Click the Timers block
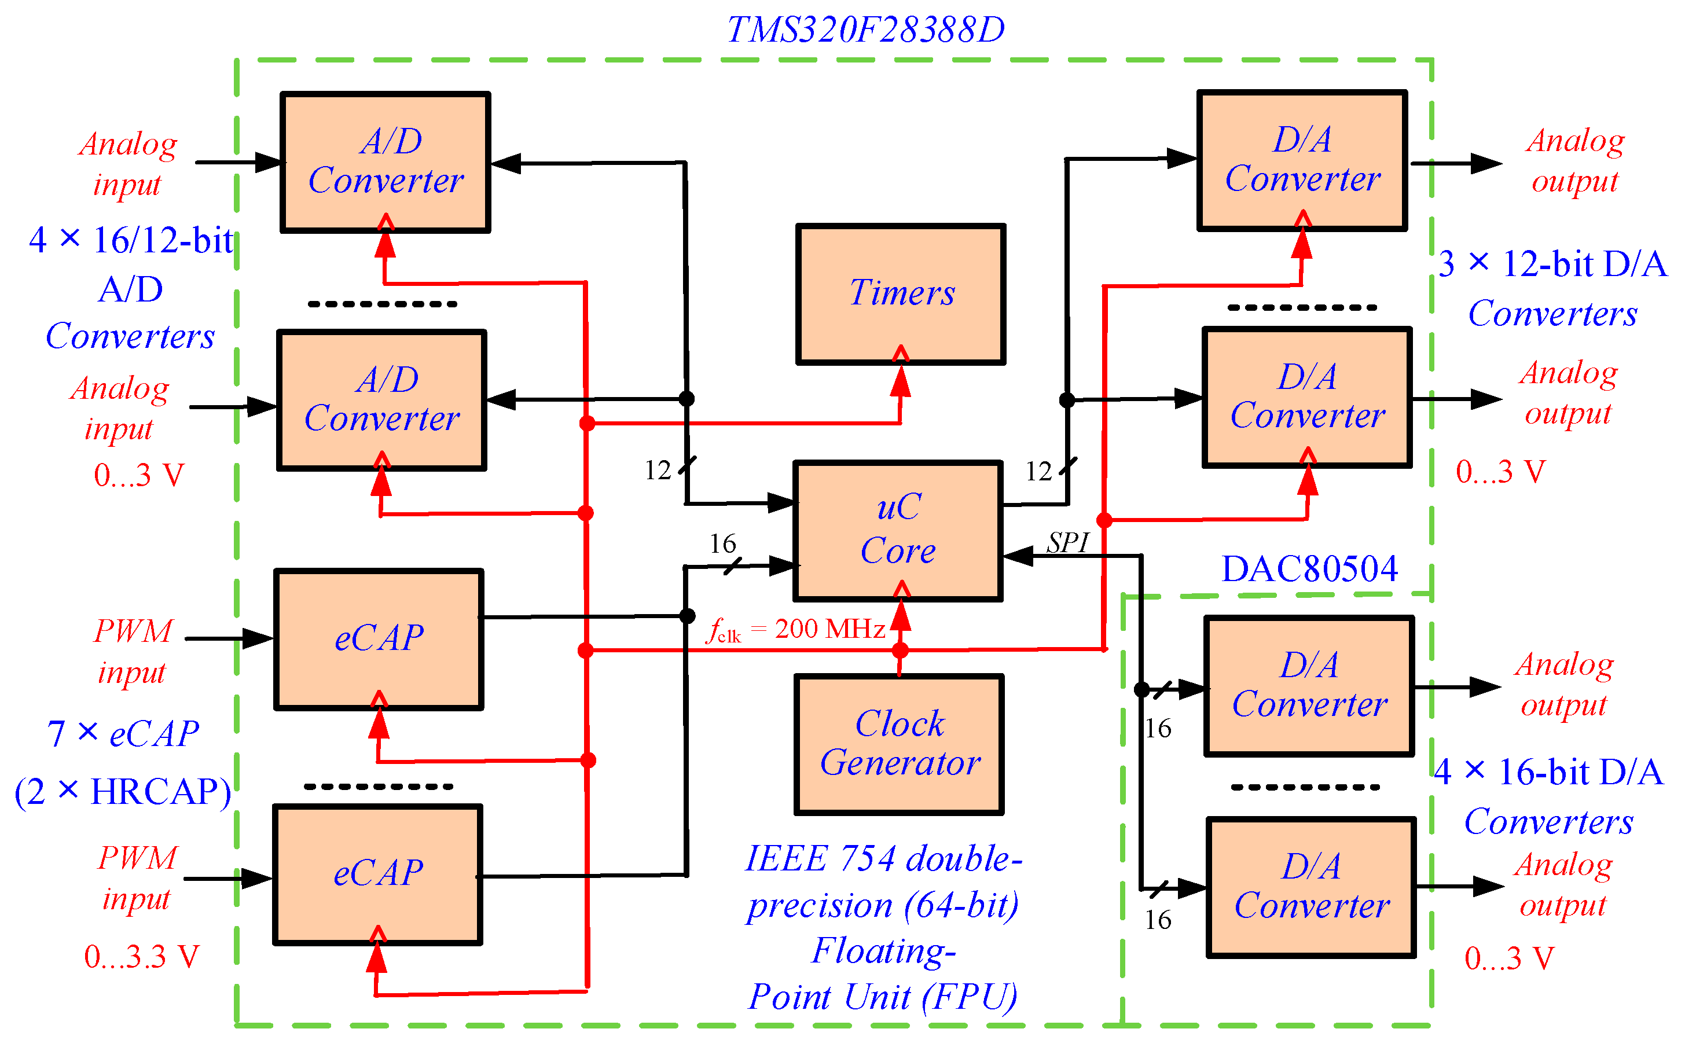900,294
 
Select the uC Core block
898,530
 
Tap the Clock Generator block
899,744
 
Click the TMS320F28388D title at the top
865,30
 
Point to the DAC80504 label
1308,568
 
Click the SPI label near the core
1067,542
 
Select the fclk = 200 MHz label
796,629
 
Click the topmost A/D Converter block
385,161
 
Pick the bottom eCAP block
378,874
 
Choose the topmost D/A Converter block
1301,160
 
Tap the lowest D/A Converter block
1311,886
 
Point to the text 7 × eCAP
123,734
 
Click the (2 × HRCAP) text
123,791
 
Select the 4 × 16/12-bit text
131,240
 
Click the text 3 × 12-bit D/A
1552,264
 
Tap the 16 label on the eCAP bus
722,543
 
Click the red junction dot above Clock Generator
900,650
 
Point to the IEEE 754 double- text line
883,858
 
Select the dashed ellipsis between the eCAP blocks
378,787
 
